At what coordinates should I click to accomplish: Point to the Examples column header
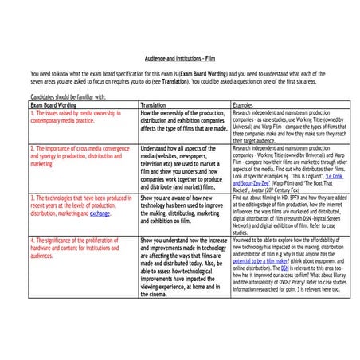[245, 104]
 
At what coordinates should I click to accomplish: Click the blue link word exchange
[100, 213]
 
